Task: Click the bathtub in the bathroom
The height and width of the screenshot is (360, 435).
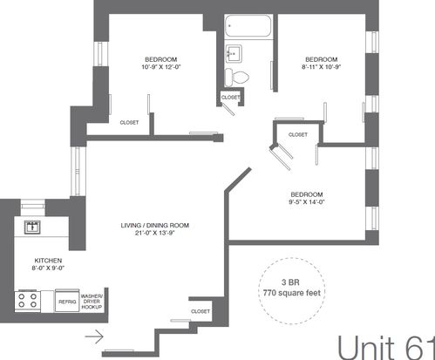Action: pyautogui.click(x=248, y=25)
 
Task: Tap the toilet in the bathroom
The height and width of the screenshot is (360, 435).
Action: pyautogui.click(x=237, y=78)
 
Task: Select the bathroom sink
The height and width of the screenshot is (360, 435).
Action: pyautogui.click(x=234, y=53)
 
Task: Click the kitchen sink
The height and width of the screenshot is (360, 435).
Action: pyautogui.click(x=32, y=227)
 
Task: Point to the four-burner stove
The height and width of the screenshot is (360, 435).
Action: pyautogui.click(x=28, y=301)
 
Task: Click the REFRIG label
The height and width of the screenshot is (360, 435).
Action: pyautogui.click(x=67, y=302)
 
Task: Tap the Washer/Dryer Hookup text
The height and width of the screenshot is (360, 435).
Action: pyautogui.click(x=92, y=302)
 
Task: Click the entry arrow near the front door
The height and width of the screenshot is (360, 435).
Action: pyautogui.click(x=94, y=336)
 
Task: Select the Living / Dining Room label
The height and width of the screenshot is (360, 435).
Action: pyautogui.click(x=155, y=225)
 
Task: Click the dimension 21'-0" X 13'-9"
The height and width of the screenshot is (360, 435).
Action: pyautogui.click(x=154, y=233)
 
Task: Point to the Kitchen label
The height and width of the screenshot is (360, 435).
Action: pyautogui.click(x=48, y=261)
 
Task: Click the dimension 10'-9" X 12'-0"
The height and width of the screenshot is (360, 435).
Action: pyautogui.click(x=161, y=67)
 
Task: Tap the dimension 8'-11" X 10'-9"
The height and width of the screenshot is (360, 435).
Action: pyautogui.click(x=322, y=67)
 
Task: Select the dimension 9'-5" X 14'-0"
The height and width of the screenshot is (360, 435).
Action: pyautogui.click(x=307, y=202)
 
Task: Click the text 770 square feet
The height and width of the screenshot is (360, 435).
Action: pyautogui.click(x=292, y=293)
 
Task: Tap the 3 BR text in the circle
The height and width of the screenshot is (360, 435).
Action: pyautogui.click(x=290, y=282)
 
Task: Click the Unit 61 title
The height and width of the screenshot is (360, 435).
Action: pyautogui.click(x=386, y=347)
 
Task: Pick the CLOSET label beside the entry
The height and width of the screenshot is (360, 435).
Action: pyautogui.click(x=201, y=311)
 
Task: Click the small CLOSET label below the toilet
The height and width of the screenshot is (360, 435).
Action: pyautogui.click(x=231, y=98)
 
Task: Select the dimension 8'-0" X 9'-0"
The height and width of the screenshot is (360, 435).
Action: pyautogui.click(x=48, y=268)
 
